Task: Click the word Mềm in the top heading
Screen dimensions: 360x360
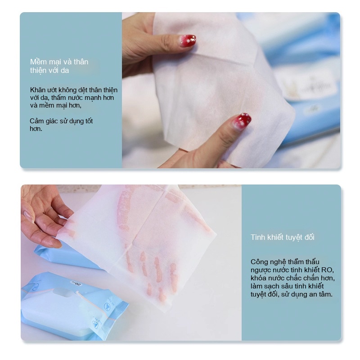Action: [x=38, y=62]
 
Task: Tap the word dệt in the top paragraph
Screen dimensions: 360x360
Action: [x=82, y=90]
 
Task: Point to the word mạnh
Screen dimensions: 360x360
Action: [x=92, y=98]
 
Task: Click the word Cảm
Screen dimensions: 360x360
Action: [x=36, y=121]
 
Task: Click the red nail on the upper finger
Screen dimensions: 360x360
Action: [x=188, y=40]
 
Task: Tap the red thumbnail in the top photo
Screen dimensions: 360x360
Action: [x=242, y=121]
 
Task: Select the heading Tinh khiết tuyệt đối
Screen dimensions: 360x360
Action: [x=283, y=238]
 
